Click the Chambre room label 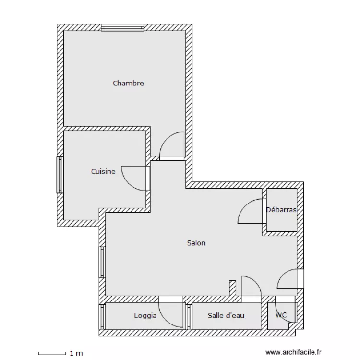pyautogui.click(x=128, y=83)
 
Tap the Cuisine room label pyautogui.click(x=103, y=171)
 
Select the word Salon pyautogui.click(x=196, y=243)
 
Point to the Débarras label pyautogui.click(x=281, y=210)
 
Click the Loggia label pyautogui.click(x=145, y=316)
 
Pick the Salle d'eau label pyautogui.click(x=226, y=316)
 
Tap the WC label pyautogui.click(x=281, y=315)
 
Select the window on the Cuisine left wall pyautogui.click(x=60, y=175)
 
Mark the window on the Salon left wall pyautogui.click(x=102, y=262)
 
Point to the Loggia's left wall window pyautogui.click(x=102, y=317)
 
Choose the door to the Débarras pyautogui.click(x=251, y=212)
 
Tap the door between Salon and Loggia pyautogui.click(x=171, y=313)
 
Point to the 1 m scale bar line pyautogui.click(x=52, y=354)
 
